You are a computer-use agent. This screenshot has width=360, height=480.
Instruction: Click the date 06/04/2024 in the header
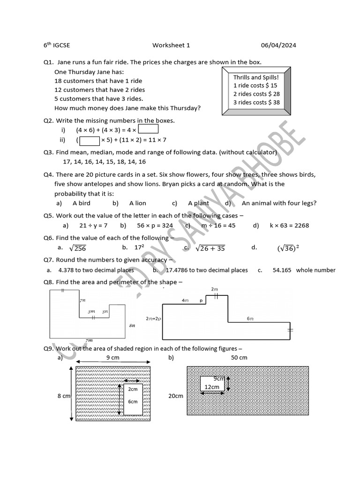(278, 45)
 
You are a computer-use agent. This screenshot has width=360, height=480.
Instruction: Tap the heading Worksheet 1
(171, 45)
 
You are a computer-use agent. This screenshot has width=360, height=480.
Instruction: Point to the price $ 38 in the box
(273, 102)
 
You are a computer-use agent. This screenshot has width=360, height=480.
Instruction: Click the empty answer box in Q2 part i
(149, 129)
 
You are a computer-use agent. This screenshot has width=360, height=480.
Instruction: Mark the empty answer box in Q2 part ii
(90, 140)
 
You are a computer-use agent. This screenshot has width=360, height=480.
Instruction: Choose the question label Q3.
(48, 152)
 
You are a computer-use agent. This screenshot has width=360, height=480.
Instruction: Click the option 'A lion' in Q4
(138, 203)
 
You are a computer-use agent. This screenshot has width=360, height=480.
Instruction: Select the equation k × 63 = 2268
(289, 225)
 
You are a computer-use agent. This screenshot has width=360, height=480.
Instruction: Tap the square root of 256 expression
(77, 248)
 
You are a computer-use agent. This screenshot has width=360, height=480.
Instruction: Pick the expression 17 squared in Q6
(139, 247)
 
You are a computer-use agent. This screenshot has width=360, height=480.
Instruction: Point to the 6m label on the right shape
(250, 318)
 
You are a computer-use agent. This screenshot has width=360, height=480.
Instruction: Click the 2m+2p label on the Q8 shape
(153, 318)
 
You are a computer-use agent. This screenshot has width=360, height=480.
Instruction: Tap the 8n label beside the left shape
(132, 325)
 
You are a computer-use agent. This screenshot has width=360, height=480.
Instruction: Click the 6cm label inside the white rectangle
(133, 401)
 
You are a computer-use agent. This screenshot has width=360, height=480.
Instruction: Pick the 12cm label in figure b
(211, 387)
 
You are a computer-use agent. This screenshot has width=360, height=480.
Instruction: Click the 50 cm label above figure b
(239, 358)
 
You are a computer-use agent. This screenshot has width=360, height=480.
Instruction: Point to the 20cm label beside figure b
(176, 396)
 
